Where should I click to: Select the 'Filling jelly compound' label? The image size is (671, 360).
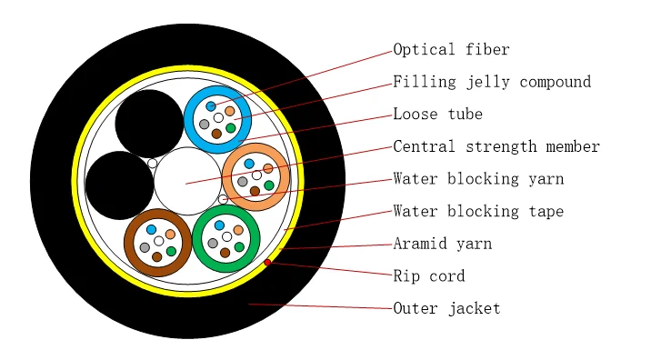coord(492,82)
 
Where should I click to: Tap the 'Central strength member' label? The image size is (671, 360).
coord(496,146)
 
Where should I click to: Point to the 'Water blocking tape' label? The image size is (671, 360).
coord(478,211)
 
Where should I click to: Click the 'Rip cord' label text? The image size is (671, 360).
coord(428,275)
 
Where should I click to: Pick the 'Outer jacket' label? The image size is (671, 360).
coord(446,308)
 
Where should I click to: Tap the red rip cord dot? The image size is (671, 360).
coord(267,263)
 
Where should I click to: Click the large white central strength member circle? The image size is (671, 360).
coord(187,181)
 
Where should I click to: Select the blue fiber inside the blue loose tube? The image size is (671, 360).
coord(211,106)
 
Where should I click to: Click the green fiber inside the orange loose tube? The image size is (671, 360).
coord(268,185)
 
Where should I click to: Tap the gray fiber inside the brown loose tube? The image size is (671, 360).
coord(145,247)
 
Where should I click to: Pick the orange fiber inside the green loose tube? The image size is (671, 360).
coord(238,230)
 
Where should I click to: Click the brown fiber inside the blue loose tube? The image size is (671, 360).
coord(216,134)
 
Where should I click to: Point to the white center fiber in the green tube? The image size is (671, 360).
coord(226,236)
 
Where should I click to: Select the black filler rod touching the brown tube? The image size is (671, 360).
coord(119,185)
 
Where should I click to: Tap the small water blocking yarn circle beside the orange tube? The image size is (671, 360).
coord(223,199)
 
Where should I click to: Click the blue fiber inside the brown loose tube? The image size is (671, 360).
coord(151,230)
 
